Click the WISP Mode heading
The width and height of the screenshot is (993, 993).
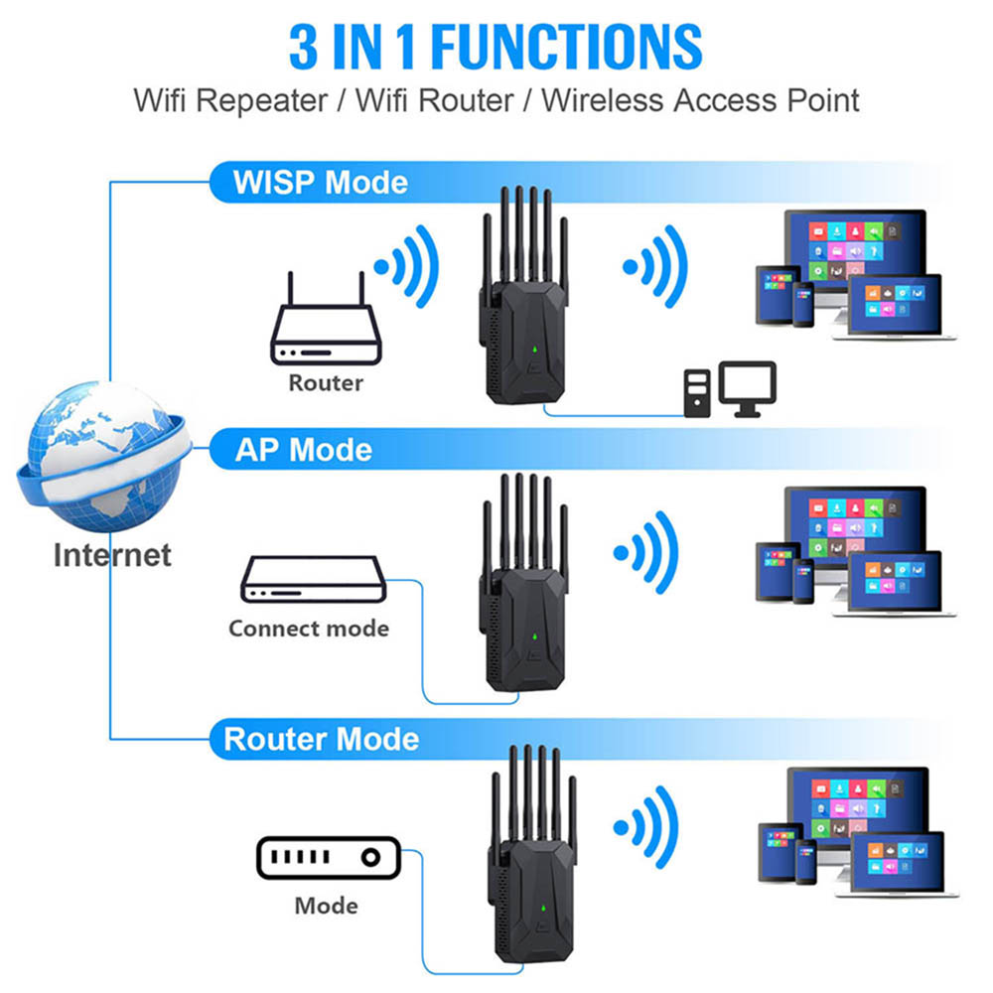point(320,183)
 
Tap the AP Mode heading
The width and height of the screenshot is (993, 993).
point(304,450)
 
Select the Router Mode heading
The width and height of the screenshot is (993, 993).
point(321,740)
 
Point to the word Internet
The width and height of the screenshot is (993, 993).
point(112,554)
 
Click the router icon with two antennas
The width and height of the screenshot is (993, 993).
point(325,329)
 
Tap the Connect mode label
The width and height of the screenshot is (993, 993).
point(308,629)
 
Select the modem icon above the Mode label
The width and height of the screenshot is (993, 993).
point(328,858)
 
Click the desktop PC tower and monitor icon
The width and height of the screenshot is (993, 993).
point(729,388)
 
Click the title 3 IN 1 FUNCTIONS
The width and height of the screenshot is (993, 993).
point(496,46)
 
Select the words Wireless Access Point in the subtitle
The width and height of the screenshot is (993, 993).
point(700,100)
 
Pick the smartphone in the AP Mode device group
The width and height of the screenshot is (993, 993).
point(802,580)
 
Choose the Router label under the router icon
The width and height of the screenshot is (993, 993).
point(326,382)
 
